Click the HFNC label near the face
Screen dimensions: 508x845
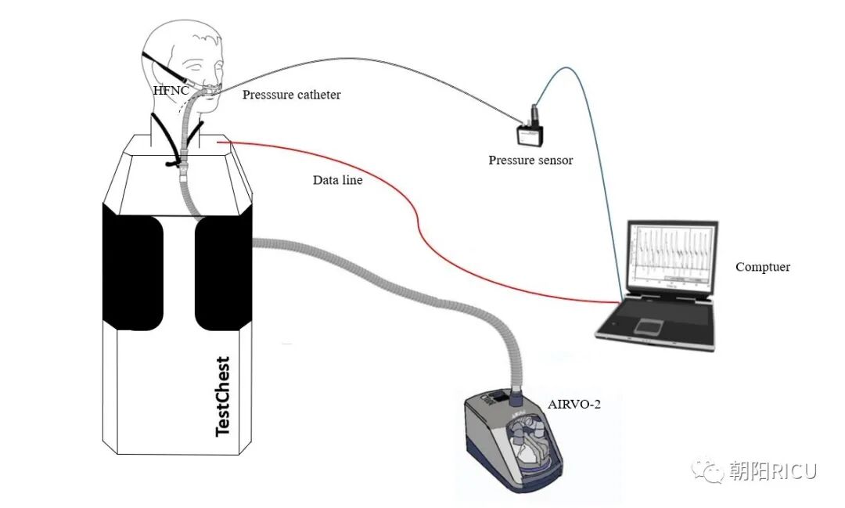point(170,92)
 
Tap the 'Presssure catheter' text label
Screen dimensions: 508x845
point(291,95)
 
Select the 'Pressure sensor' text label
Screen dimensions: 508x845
point(530,160)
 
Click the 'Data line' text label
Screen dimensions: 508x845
point(337,180)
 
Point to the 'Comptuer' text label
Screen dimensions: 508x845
point(762,267)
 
